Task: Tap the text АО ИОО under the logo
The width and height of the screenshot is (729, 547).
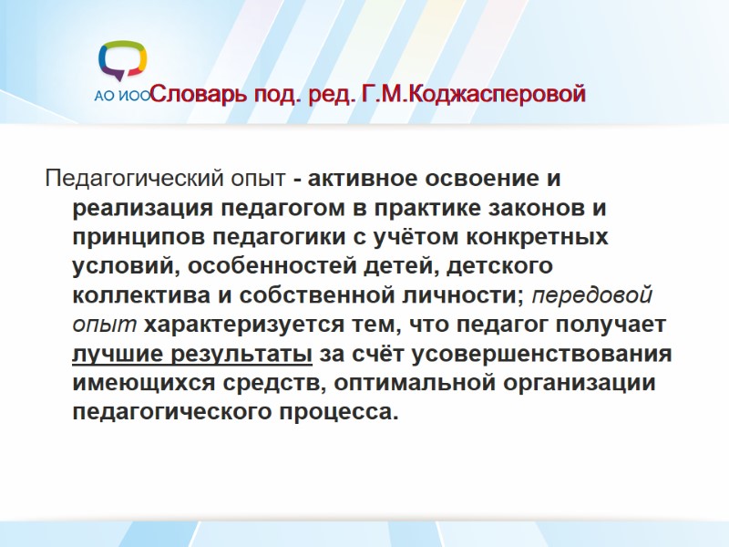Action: [122, 96]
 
